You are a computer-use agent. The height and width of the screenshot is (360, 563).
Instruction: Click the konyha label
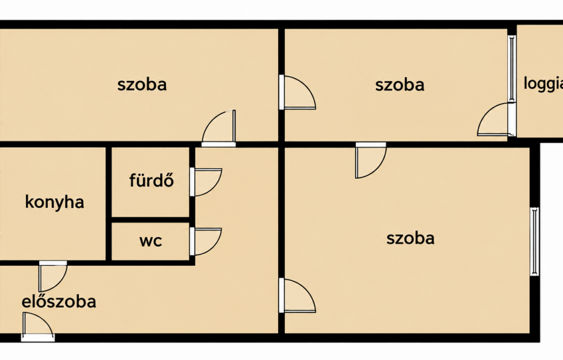pyautogui.click(x=54, y=202)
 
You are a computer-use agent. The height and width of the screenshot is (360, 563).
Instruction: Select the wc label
pyautogui.click(x=151, y=240)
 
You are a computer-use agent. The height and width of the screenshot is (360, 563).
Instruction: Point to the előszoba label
pyautogui.click(x=59, y=302)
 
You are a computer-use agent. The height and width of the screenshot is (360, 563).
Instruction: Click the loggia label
pyautogui.click(x=543, y=84)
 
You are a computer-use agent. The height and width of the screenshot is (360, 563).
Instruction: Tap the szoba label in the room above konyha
pyautogui.click(x=142, y=85)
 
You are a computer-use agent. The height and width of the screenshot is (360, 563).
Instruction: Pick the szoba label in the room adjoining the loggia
pyautogui.click(x=400, y=85)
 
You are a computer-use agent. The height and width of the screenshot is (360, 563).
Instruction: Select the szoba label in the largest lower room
pyautogui.click(x=410, y=238)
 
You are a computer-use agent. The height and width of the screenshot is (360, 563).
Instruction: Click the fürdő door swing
pyautogui.click(x=206, y=182)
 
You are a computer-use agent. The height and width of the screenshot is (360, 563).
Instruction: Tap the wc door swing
pyautogui.click(x=206, y=241)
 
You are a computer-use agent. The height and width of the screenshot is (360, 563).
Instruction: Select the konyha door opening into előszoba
pyautogui.click(x=53, y=276)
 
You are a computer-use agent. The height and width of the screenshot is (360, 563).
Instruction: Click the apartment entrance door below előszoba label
pyautogui.click(x=38, y=327)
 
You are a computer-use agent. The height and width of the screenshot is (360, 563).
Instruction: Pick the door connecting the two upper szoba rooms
pyautogui.click(x=297, y=92)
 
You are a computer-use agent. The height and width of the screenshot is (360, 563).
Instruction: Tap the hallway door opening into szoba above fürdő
pyautogui.click(x=218, y=128)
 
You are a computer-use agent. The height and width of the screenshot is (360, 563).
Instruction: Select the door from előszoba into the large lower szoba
pyautogui.click(x=297, y=296)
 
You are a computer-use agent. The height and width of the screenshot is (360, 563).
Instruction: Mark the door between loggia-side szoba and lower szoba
pyautogui.click(x=371, y=160)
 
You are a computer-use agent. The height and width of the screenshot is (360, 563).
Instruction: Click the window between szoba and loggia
pyautogui.click(x=513, y=68)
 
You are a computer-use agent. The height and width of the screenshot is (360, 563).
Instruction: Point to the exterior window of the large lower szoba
pyautogui.click(x=534, y=241)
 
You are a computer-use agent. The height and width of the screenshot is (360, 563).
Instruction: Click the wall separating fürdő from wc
pyautogui.click(x=151, y=220)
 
